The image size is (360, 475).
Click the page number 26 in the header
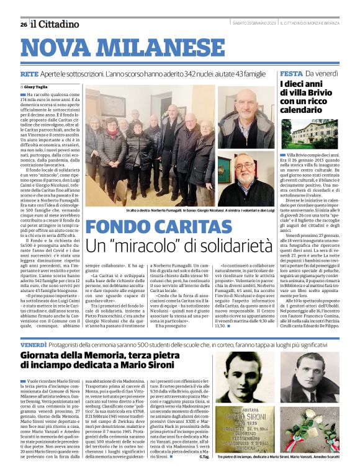pyautogui.click(x=23, y=24)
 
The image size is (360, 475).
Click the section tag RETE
pyautogui.click(x=30, y=74)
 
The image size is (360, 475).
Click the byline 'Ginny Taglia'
pyautogui.click(x=38, y=87)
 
